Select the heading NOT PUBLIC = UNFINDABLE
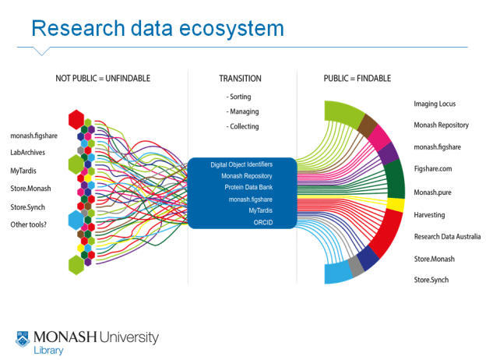point(103,79)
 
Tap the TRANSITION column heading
point(240,79)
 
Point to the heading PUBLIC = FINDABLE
point(357,79)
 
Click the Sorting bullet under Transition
point(239,97)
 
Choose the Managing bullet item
point(242,111)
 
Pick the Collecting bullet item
point(243,126)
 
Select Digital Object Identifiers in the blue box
point(241,164)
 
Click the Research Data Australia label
point(447,236)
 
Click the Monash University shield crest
point(23,339)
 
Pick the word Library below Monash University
point(49,351)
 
